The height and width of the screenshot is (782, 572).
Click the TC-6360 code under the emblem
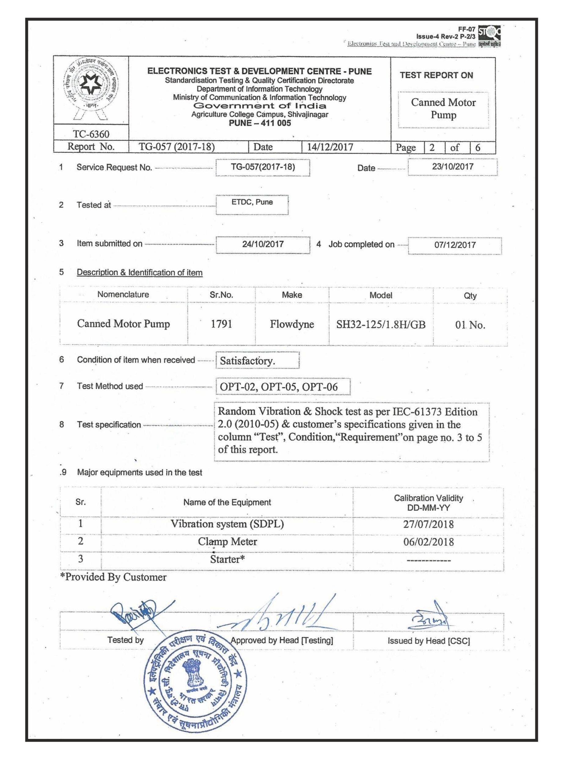click(x=91, y=134)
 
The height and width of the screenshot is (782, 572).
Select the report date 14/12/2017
click(x=330, y=147)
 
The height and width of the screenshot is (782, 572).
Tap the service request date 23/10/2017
click(x=452, y=167)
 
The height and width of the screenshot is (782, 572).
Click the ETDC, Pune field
click(x=252, y=203)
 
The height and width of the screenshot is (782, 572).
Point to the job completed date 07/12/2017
click(x=455, y=245)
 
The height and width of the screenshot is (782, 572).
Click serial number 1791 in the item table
click(x=221, y=324)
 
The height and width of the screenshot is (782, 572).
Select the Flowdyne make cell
click(x=291, y=324)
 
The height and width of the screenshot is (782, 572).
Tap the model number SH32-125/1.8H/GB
click(x=380, y=325)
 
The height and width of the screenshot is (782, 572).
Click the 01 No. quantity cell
click(x=470, y=325)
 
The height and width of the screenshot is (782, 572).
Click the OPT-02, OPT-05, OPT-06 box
click(x=282, y=387)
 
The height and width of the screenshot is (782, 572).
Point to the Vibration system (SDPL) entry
click(x=227, y=524)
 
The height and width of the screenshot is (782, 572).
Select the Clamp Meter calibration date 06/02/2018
click(x=428, y=542)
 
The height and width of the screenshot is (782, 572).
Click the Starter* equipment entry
click(x=227, y=559)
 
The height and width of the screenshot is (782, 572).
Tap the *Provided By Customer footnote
click(x=113, y=577)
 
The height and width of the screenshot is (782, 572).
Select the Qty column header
click(x=470, y=296)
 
